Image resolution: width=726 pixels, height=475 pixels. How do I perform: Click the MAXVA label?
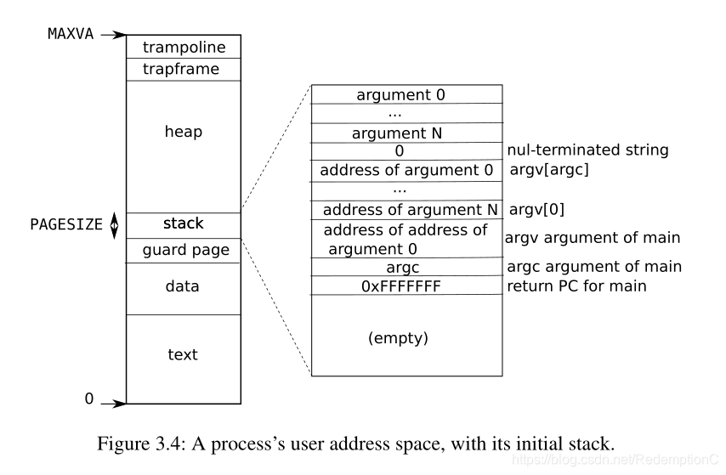[71, 35]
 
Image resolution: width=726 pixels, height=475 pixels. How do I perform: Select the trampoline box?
[183, 47]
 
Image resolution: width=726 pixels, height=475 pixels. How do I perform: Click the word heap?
[183, 133]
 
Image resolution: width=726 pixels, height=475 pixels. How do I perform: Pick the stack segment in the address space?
[183, 224]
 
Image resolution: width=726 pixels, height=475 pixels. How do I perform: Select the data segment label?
[183, 287]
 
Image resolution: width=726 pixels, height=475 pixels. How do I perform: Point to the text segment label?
[183, 354]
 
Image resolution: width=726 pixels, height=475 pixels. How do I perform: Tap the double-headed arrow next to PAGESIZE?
[115, 225]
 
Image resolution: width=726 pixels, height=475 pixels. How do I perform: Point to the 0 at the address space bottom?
[88, 398]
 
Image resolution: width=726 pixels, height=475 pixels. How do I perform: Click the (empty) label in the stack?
[398, 337]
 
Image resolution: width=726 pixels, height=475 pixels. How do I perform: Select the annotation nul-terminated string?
[587, 150]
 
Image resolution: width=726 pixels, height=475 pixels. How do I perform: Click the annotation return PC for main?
[576, 286]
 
